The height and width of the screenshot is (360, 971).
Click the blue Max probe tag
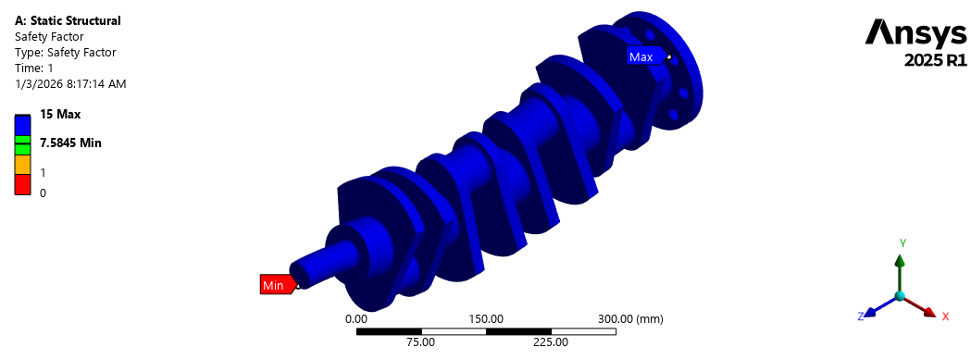[x=644, y=57]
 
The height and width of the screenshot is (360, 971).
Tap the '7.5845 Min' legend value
[x=70, y=143]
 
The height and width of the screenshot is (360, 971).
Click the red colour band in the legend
[x=23, y=184]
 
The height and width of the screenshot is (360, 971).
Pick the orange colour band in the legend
[x=23, y=164]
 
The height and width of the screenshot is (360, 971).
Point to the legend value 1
[x=42, y=171]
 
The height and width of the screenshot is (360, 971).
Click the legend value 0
[x=43, y=192]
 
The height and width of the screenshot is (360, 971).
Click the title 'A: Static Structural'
[x=68, y=20]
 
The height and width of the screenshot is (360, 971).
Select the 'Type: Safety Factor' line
[x=66, y=52]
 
